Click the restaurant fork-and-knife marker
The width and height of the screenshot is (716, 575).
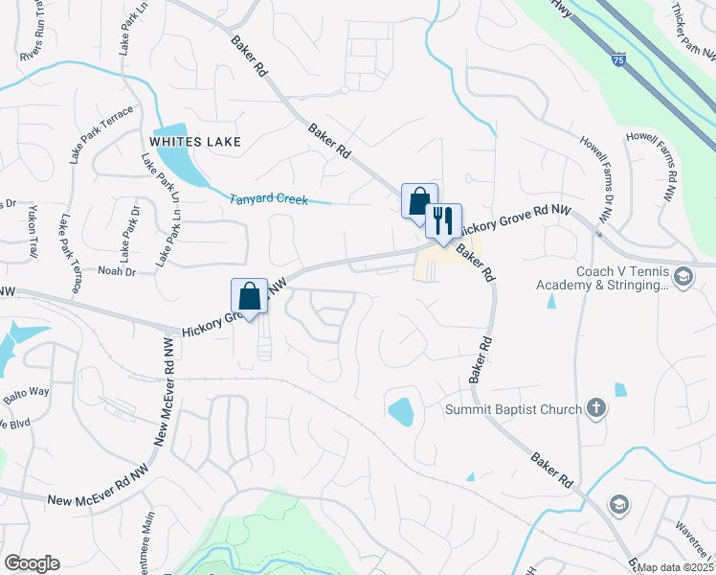click(x=442, y=221)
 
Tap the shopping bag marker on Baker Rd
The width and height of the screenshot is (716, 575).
click(x=419, y=202)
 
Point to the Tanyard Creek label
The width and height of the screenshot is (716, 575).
click(x=268, y=199)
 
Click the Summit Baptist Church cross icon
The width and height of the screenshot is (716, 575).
click(x=595, y=409)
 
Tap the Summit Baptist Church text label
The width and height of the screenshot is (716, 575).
click(x=513, y=410)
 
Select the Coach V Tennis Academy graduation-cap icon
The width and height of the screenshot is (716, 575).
click(x=683, y=277)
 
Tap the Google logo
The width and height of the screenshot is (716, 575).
click(x=32, y=563)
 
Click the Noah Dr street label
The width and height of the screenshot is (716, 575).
click(x=117, y=271)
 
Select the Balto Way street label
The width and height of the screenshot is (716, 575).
click(x=52, y=392)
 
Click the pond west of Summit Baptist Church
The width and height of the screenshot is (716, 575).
click(x=401, y=412)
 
